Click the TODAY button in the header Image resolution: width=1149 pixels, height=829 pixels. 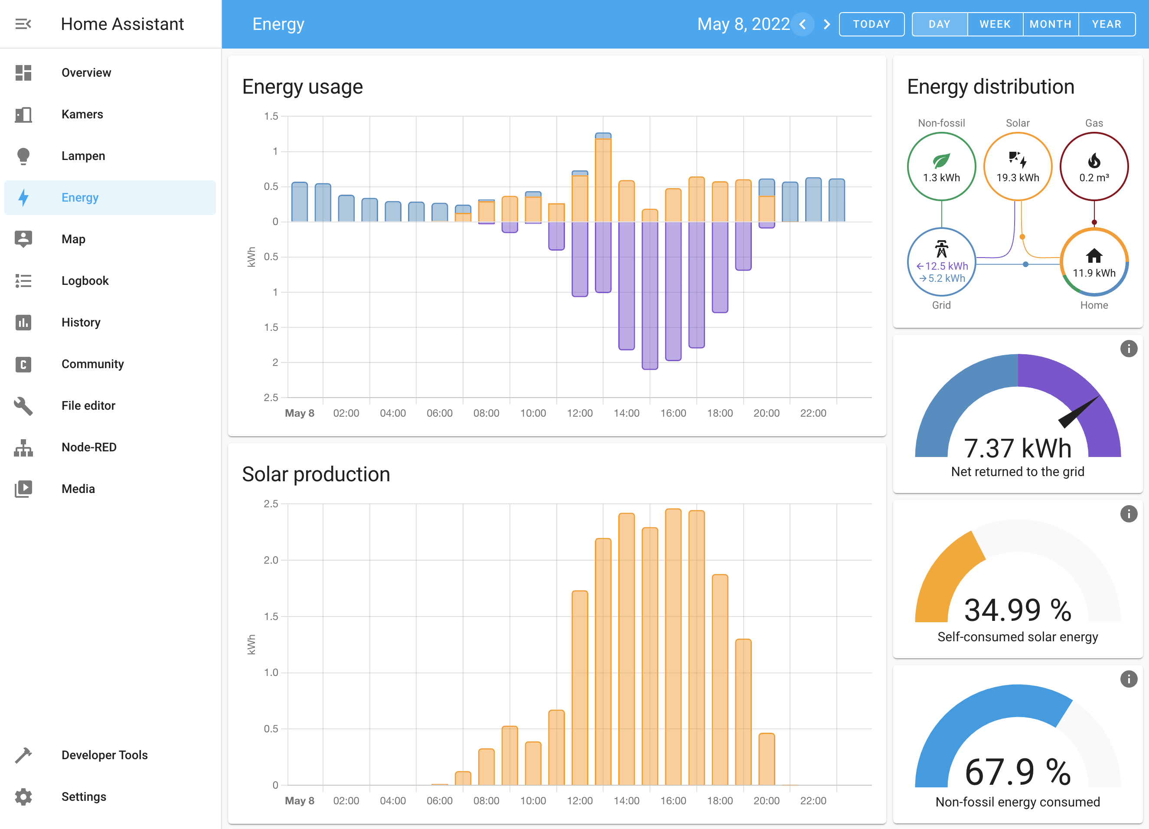pyautogui.click(x=872, y=24)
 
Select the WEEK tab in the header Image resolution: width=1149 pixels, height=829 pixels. pyautogui.click(x=995, y=24)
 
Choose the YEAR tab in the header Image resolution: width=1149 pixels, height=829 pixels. pyautogui.click(x=1106, y=24)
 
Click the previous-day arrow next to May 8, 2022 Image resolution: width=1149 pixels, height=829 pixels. pyautogui.click(x=803, y=24)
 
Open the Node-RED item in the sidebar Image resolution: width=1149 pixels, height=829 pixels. pyautogui.click(x=88, y=447)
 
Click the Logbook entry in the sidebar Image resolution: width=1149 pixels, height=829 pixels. pyautogui.click(x=85, y=281)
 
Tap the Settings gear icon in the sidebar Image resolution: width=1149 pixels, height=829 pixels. pyautogui.click(x=23, y=796)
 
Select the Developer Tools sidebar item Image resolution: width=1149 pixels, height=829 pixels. pyautogui.click(x=104, y=755)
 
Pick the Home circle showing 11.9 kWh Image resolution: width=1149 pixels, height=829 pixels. pyautogui.click(x=1094, y=262)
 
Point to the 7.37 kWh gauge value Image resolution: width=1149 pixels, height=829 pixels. pyautogui.click(x=1017, y=448)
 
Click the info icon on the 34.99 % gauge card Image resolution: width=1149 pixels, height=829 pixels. pyautogui.click(x=1128, y=514)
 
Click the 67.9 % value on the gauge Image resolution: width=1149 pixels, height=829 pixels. pyautogui.click(x=1017, y=772)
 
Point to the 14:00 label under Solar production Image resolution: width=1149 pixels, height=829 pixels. pyautogui.click(x=626, y=801)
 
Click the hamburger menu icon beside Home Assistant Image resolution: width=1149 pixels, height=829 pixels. pyautogui.click(x=23, y=24)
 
